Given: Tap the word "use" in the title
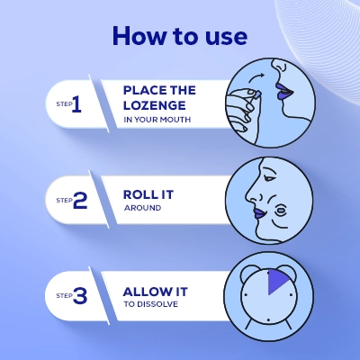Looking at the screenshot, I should pyautogui.click(x=226, y=36).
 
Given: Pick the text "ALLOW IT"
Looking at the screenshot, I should pyautogui.click(x=154, y=291).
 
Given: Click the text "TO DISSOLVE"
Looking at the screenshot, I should pyautogui.click(x=151, y=305).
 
